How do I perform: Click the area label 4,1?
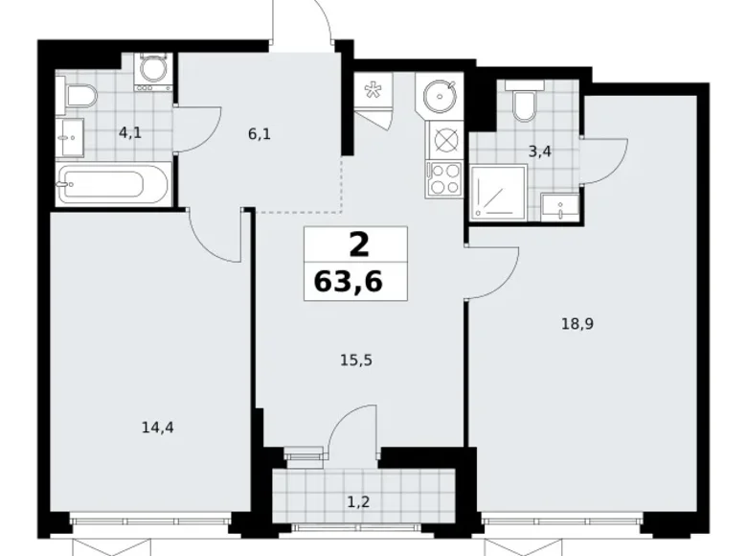click(129, 133)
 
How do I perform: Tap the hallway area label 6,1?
click(259, 134)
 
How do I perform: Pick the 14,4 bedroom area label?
click(157, 429)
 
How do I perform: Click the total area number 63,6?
click(354, 283)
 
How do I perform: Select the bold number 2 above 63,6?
click(357, 245)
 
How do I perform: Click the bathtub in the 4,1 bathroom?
click(113, 182)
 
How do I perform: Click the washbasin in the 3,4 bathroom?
click(558, 205)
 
